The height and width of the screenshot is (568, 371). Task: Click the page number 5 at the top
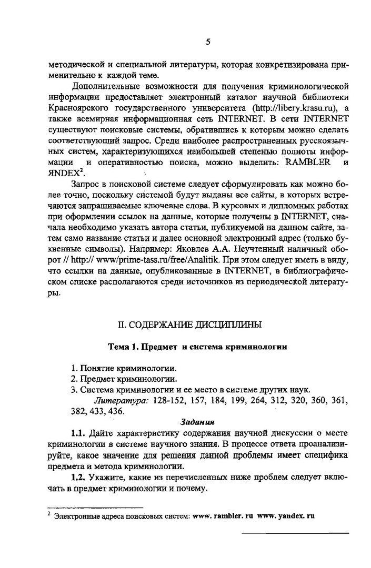point(208,42)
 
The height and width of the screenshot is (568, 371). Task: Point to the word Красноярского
point(77,108)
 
